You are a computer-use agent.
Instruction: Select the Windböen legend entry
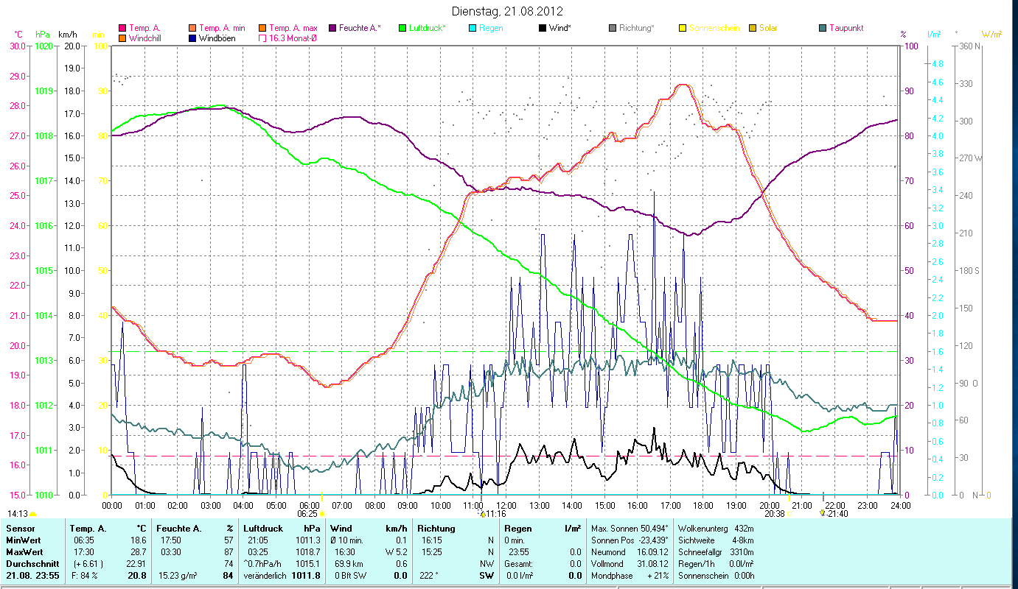[x=217, y=38]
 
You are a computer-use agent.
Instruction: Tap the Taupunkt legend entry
[x=846, y=28]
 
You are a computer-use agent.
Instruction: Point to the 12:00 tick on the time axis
[x=506, y=506]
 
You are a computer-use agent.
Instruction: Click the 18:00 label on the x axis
[x=703, y=506]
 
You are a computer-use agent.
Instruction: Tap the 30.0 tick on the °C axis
[x=16, y=46]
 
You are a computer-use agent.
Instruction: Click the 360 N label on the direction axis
[x=971, y=46]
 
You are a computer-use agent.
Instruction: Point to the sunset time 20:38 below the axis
[x=774, y=514]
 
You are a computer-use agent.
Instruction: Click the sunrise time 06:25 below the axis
[x=307, y=514]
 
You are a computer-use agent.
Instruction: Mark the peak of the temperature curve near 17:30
[x=683, y=85]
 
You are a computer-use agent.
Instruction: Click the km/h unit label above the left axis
[x=67, y=35]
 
